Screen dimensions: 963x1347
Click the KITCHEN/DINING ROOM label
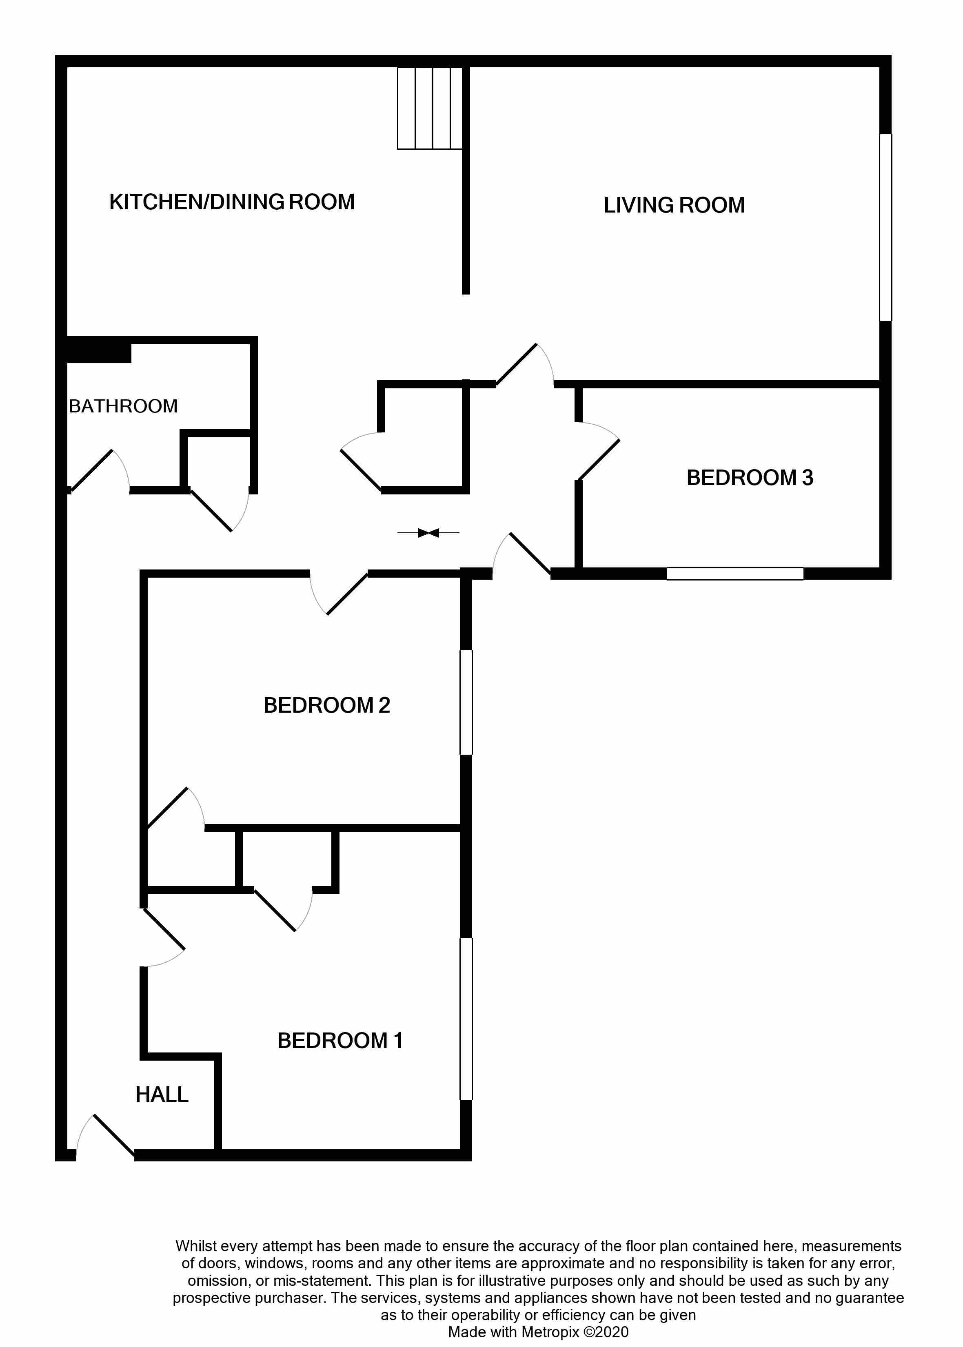[x=232, y=202]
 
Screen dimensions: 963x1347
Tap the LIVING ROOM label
[x=674, y=205]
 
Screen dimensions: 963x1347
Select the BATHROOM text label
[x=123, y=406]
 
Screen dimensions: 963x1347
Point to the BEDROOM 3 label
[x=750, y=478]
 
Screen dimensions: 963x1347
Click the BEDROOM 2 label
[x=327, y=705]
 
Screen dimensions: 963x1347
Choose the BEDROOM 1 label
[x=340, y=1041]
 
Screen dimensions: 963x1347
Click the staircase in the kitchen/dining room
[x=429, y=108]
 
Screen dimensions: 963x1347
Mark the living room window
[x=885, y=228]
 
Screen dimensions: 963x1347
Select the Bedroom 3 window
[x=735, y=573]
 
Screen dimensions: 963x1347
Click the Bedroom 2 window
[x=466, y=702]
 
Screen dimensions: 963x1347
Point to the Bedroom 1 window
[x=466, y=1019]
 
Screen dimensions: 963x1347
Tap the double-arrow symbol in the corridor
[x=428, y=533]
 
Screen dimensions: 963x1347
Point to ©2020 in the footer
[x=606, y=1332]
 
